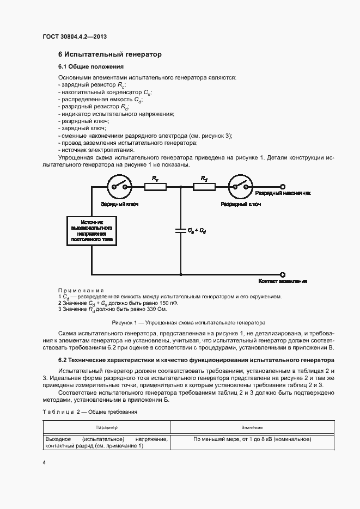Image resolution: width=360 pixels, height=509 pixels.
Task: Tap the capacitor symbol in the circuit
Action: (x=180, y=230)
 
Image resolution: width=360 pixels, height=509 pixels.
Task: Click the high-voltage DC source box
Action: (x=91, y=231)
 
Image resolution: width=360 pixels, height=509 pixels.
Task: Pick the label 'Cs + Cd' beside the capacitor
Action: (x=197, y=231)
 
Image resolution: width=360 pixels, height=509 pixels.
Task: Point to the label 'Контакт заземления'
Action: (x=283, y=281)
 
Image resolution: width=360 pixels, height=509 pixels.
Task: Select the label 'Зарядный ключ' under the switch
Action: (x=118, y=204)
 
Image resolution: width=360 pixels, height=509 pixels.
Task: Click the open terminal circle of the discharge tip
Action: (x=282, y=186)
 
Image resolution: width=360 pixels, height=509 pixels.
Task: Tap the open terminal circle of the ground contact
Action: (x=282, y=274)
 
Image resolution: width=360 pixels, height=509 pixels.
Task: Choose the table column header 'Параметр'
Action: (x=107, y=428)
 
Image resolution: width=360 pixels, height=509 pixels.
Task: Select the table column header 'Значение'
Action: (x=252, y=428)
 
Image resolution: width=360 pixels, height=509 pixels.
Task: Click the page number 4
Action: (x=44, y=463)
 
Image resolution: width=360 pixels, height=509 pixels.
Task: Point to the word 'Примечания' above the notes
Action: (x=81, y=290)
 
